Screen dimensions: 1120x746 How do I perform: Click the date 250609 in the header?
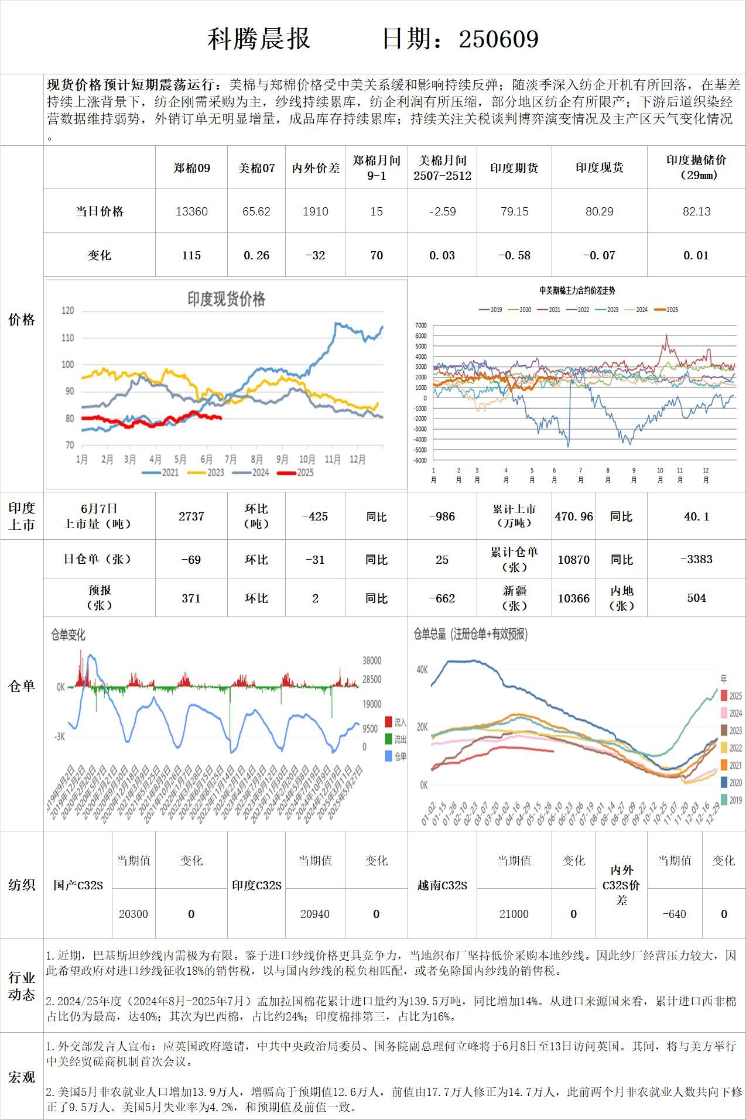pyautogui.click(x=498, y=39)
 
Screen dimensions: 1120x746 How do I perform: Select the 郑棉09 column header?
pyautogui.click(x=191, y=168)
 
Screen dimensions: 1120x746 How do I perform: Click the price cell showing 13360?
pyautogui.click(x=191, y=211)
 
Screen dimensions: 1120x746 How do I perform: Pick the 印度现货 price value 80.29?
pyautogui.click(x=599, y=211)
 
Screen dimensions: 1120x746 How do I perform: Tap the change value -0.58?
pyautogui.click(x=514, y=255)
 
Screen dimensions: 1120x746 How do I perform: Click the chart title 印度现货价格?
pyautogui.click(x=226, y=299)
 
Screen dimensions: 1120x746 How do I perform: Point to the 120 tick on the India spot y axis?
pyautogui.click(x=68, y=310)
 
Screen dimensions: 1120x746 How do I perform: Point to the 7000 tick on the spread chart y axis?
pyautogui.click(x=420, y=326)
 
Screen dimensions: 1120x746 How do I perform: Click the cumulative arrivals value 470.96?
pyautogui.click(x=574, y=516)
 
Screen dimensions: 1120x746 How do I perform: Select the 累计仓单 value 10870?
pyautogui.click(x=574, y=560)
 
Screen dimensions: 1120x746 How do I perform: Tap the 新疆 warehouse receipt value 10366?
pyautogui.click(x=574, y=598)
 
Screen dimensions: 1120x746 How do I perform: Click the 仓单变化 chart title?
pyautogui.click(x=69, y=635)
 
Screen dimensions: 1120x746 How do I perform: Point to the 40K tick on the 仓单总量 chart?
pyautogui.click(x=422, y=670)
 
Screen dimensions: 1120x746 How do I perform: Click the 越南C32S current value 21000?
pyautogui.click(x=514, y=914)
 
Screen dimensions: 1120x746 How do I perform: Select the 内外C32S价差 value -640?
pyautogui.click(x=674, y=914)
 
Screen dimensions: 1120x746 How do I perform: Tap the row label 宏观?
pyautogui.click(x=22, y=1077)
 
